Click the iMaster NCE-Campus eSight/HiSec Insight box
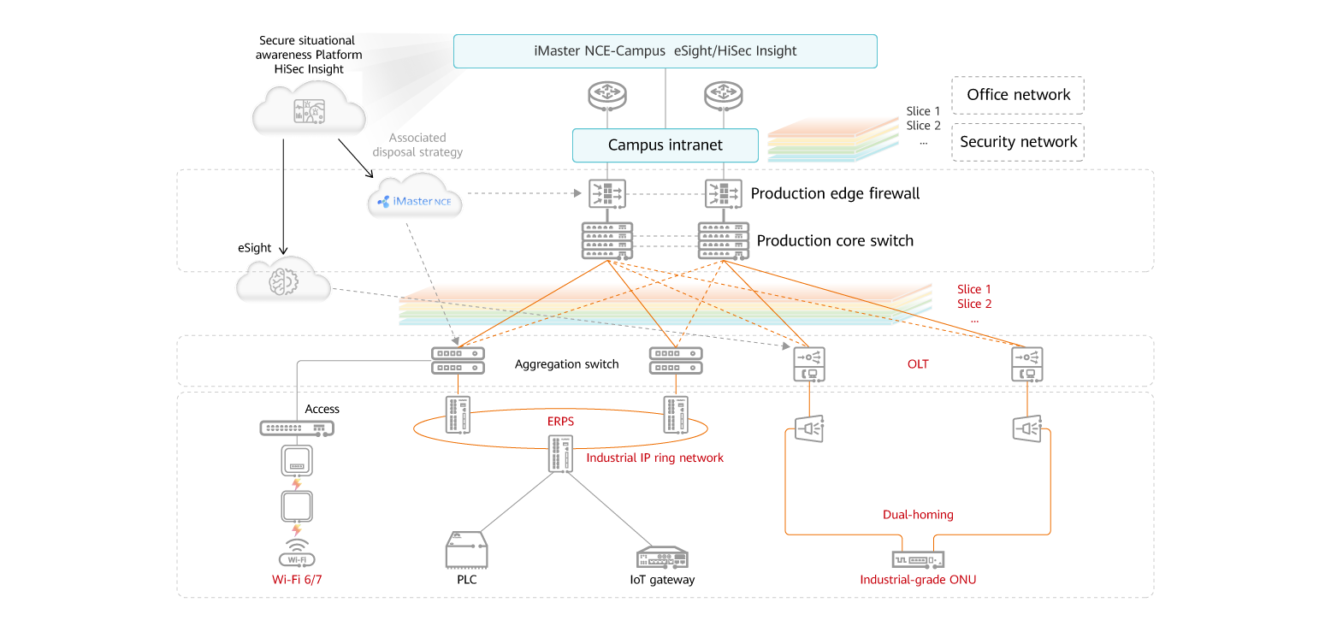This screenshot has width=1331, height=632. click(x=665, y=51)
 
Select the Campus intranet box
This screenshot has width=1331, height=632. click(x=665, y=145)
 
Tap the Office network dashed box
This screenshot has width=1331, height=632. click(x=1017, y=95)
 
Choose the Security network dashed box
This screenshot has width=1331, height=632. click(x=1017, y=142)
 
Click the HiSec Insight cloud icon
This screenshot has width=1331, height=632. click(x=309, y=109)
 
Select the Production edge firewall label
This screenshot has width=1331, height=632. click(x=835, y=194)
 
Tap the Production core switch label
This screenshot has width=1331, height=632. click(x=835, y=241)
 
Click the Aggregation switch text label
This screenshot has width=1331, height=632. click(x=566, y=364)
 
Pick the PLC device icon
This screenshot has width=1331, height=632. click(x=466, y=550)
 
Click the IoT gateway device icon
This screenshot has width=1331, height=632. click(x=662, y=557)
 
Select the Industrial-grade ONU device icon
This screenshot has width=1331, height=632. click(x=917, y=559)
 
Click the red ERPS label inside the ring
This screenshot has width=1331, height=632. click(x=560, y=422)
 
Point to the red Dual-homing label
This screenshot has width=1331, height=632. click(x=918, y=515)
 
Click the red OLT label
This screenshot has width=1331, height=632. click(x=918, y=364)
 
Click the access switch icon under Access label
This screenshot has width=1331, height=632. click(x=297, y=428)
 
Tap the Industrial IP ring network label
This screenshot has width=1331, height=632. click(x=654, y=458)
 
